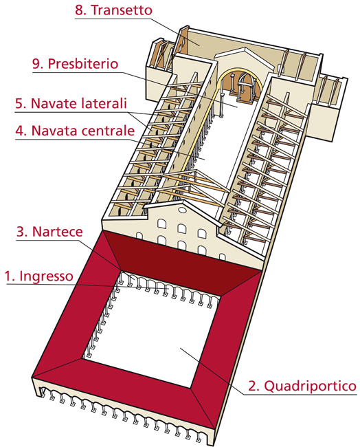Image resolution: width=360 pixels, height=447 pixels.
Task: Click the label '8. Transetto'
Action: [113, 11]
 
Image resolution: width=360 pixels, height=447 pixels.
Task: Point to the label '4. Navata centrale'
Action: [74, 129]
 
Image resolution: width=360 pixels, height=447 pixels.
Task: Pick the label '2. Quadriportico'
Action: [302, 386]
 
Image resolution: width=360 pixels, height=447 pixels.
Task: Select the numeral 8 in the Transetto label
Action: [78, 11]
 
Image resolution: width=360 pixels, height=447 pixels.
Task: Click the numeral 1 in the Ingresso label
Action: [8, 276]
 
